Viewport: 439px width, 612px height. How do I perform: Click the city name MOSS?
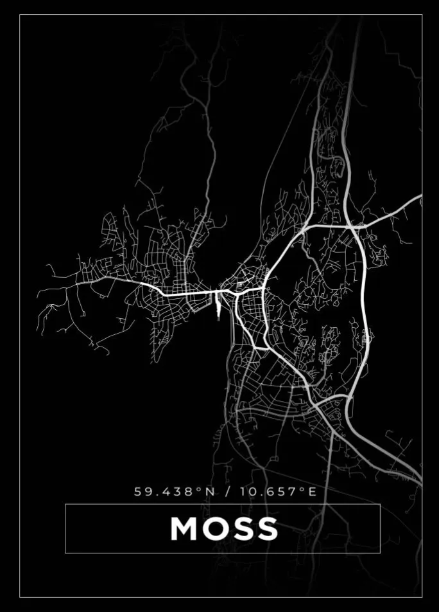click(223, 528)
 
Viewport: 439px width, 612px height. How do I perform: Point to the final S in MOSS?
click(266, 528)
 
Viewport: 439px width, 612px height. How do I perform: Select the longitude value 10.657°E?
click(278, 492)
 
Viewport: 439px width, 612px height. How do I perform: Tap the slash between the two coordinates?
click(228, 492)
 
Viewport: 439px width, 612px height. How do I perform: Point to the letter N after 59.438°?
click(211, 492)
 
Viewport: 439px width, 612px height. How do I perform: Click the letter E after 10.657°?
click(313, 492)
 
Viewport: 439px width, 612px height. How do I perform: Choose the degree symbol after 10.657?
click(302, 489)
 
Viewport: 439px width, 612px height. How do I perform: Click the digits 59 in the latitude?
click(141, 492)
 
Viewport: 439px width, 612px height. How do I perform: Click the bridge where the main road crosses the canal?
click(219, 292)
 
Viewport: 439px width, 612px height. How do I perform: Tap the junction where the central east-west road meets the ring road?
click(264, 289)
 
